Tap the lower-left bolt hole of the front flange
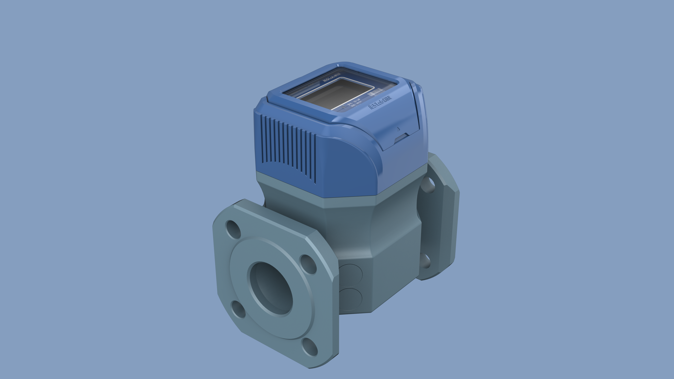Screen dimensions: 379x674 tap(239, 309)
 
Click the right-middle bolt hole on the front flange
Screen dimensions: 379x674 tap(308, 264)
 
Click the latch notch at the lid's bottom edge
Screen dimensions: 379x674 tap(400, 138)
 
